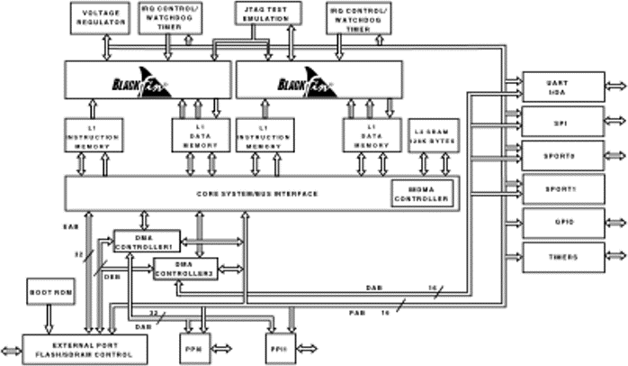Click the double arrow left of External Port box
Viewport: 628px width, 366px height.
(x=11, y=349)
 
